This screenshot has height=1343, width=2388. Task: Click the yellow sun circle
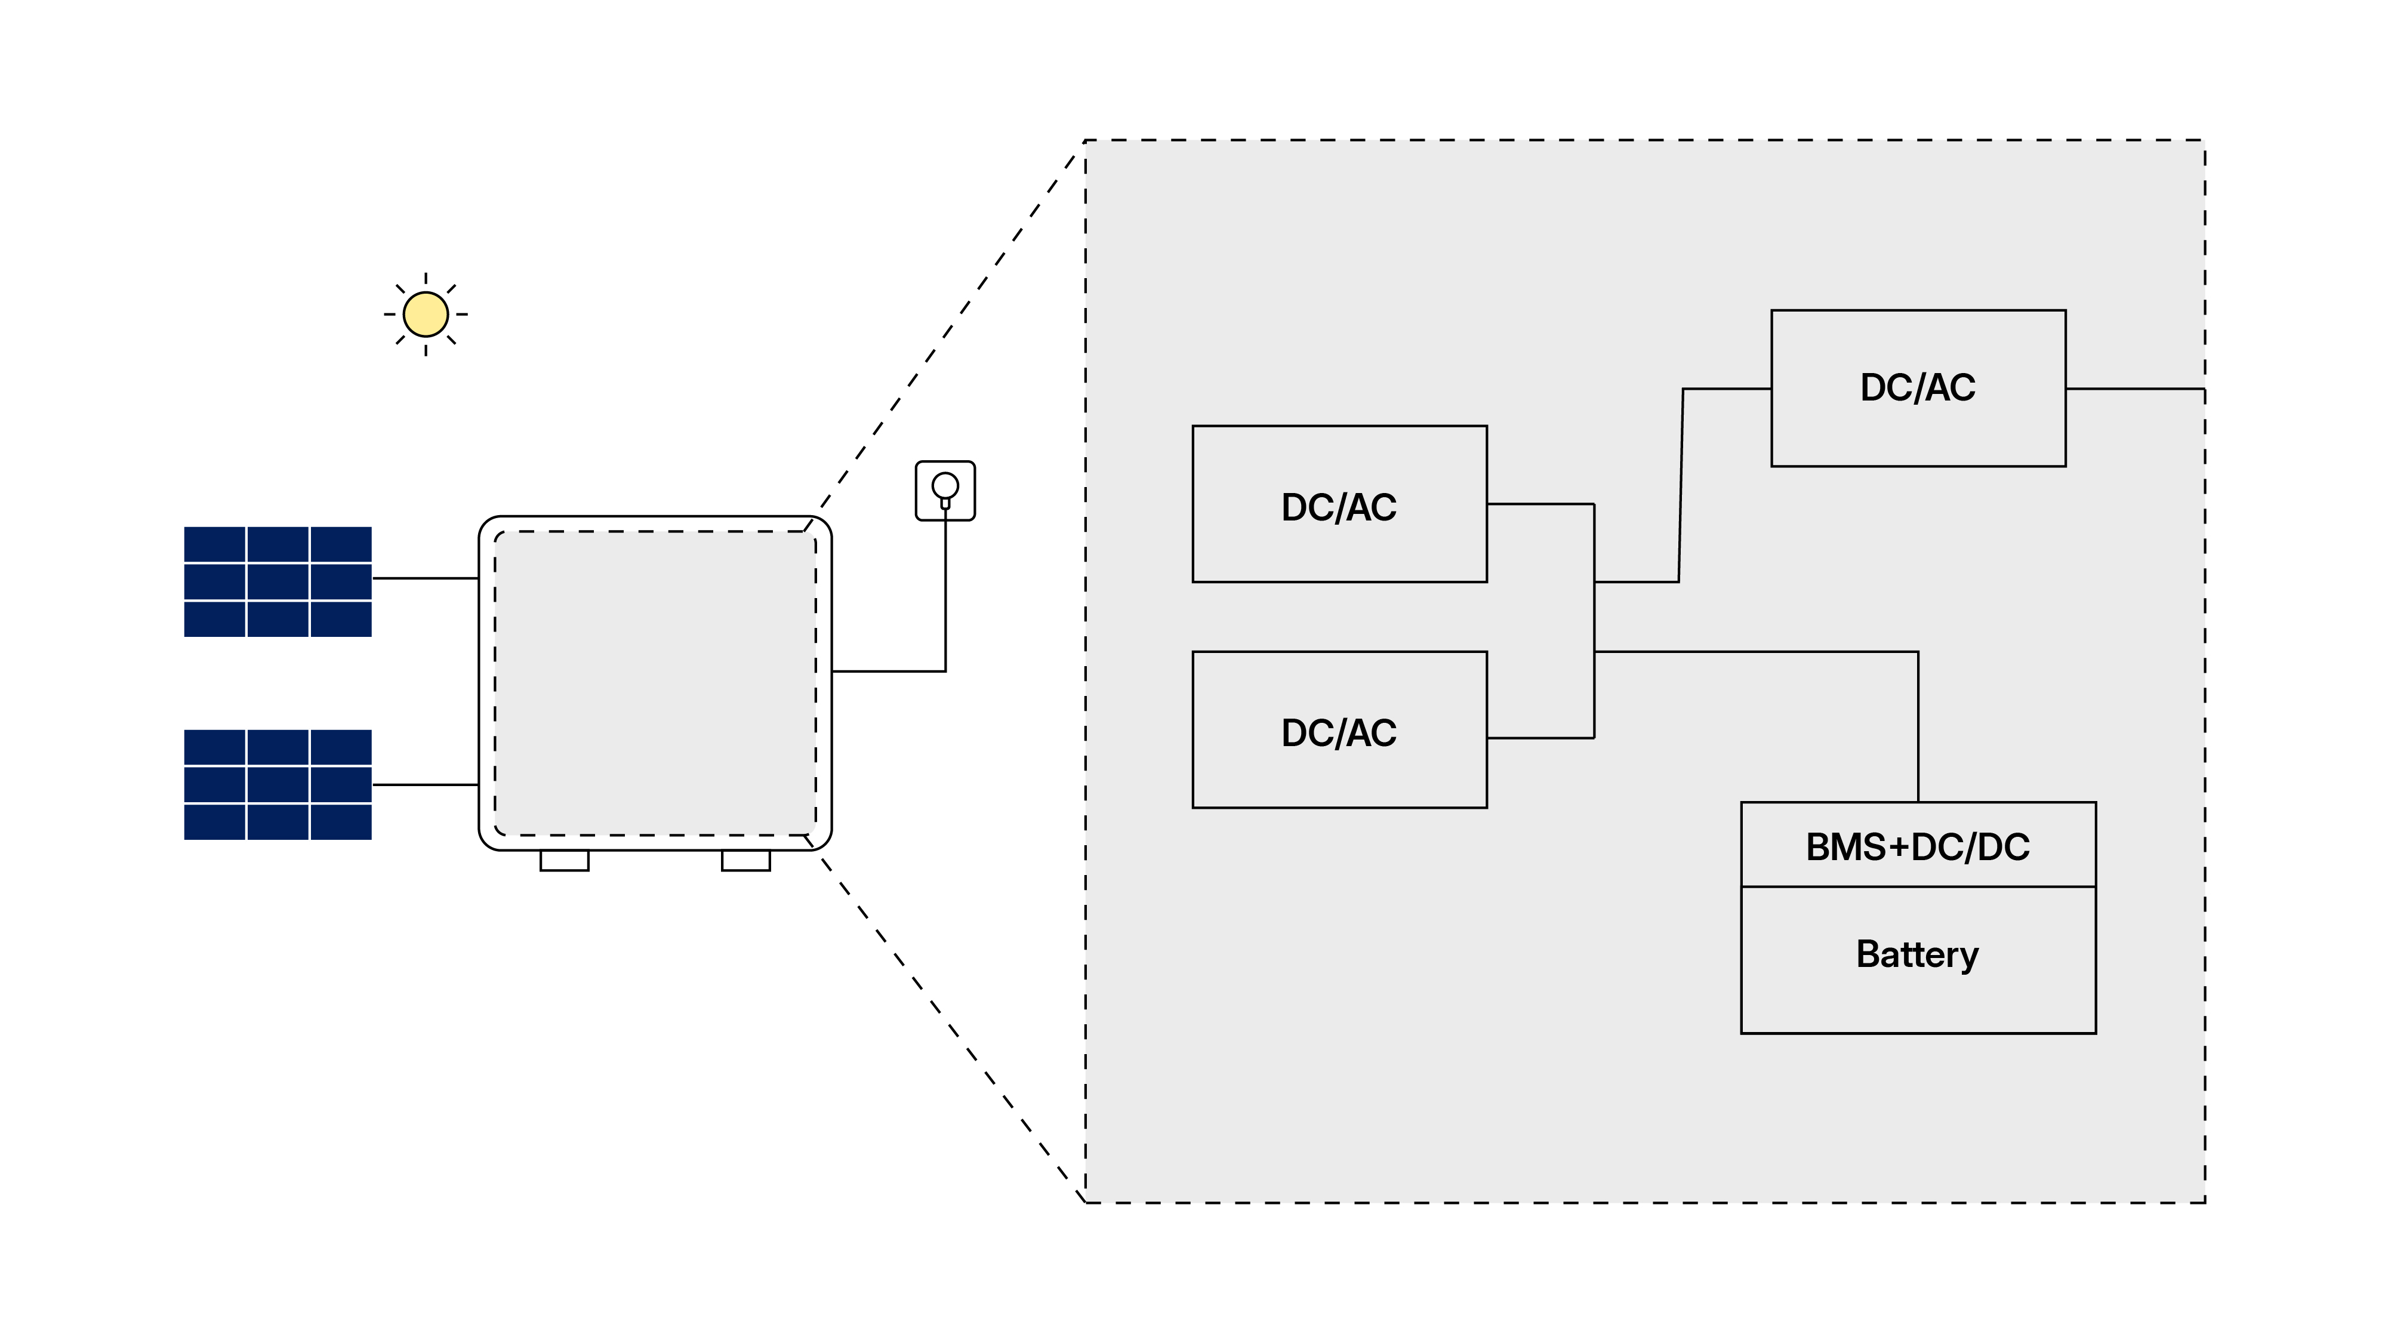(x=426, y=314)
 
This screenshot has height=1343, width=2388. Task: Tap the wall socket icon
(x=945, y=490)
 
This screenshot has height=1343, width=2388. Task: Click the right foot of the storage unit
(x=745, y=861)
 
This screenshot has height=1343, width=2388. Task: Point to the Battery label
(x=1917, y=954)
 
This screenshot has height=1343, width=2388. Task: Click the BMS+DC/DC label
(x=1917, y=846)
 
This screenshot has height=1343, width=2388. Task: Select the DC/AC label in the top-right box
(x=1917, y=387)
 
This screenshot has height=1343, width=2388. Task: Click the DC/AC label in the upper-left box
(x=1339, y=507)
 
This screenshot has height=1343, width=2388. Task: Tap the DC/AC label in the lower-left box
(x=1339, y=732)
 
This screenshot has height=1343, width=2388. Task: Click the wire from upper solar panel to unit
(x=424, y=578)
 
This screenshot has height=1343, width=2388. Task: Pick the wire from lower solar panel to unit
(x=424, y=785)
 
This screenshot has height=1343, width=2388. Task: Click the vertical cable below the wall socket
(x=945, y=593)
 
